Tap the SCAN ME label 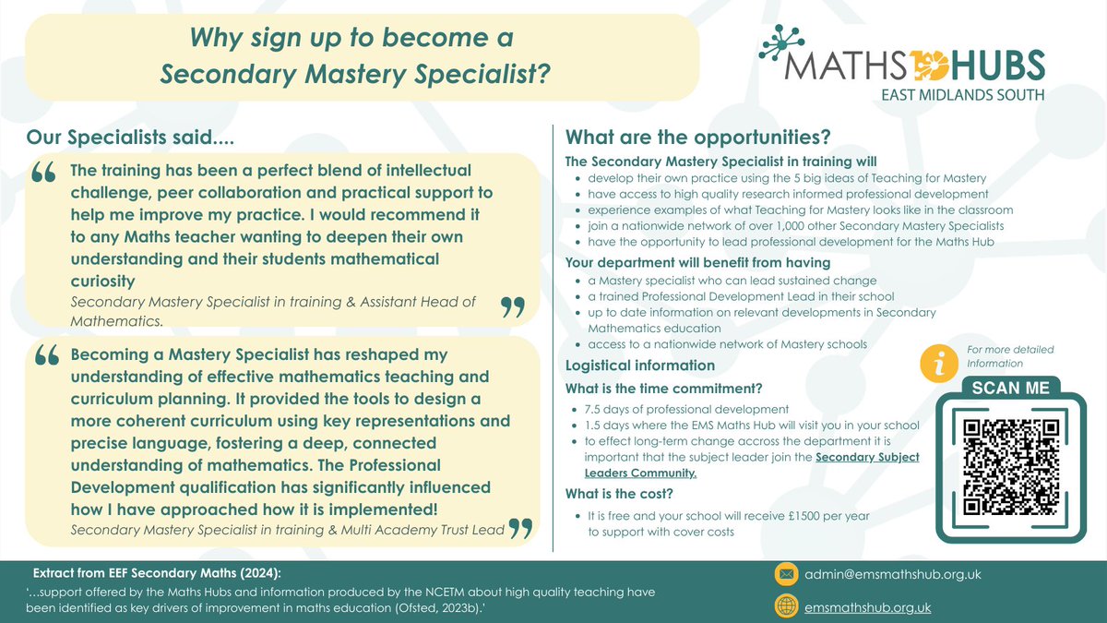(1010, 388)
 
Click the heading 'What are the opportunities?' (698, 138)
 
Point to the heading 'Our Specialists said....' (130, 138)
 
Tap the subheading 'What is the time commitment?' (663, 388)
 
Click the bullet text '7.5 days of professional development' (687, 409)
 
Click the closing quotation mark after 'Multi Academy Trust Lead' (521, 528)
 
